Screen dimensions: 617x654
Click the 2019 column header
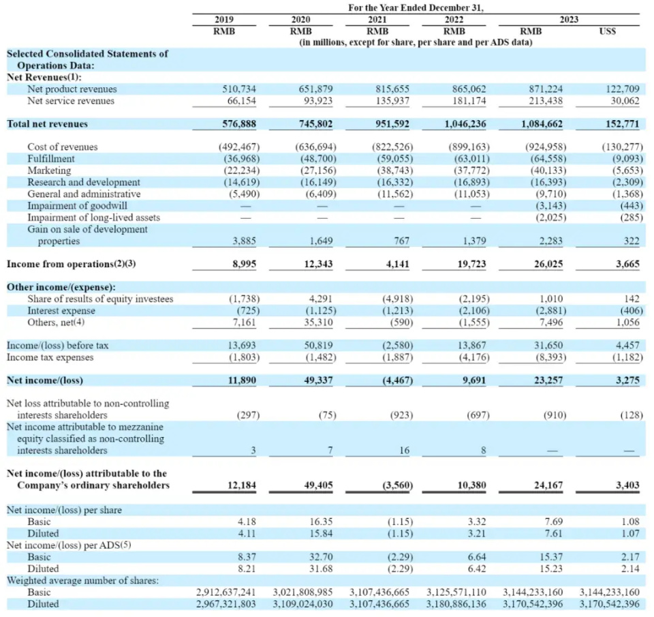(x=224, y=20)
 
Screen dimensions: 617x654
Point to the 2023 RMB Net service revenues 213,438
(x=544, y=101)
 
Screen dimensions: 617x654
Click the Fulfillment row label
(x=51, y=159)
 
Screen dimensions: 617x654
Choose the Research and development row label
(x=84, y=182)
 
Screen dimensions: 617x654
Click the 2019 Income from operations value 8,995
(x=240, y=264)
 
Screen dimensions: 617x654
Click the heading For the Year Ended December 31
(x=420, y=7)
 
